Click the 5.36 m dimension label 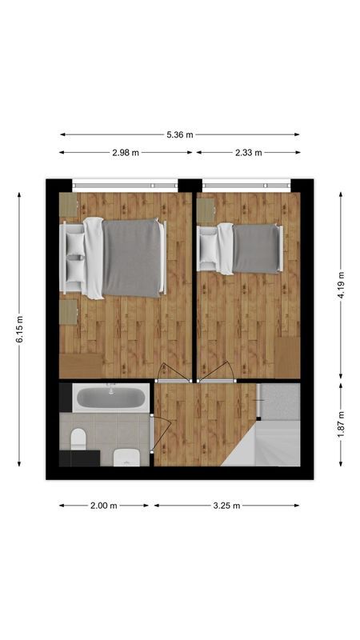point(180,134)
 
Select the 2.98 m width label point(126,152)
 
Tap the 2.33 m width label point(247,152)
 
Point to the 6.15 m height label point(20,328)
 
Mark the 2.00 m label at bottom point(104,506)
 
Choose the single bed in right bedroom point(244,248)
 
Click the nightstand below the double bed point(67,312)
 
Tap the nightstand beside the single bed point(206,210)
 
